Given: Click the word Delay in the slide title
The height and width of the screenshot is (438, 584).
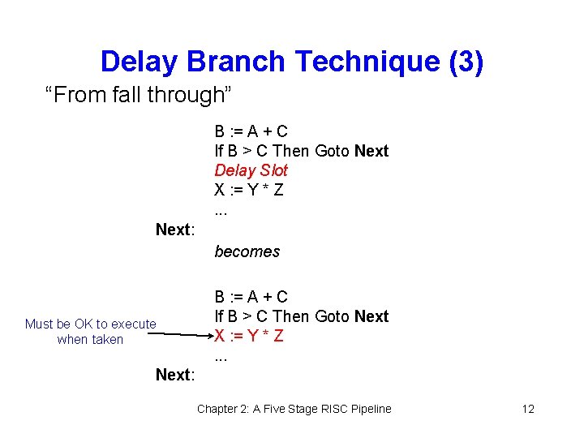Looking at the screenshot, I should [141, 62].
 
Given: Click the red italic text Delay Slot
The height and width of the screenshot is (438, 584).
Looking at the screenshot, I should [251, 170].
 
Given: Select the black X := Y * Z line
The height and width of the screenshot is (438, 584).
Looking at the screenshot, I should [248, 190].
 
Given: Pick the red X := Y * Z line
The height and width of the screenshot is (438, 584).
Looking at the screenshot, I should [248, 336].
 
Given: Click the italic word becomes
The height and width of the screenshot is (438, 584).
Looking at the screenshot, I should [247, 251].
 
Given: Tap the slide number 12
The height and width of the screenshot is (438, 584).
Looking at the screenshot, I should [528, 409].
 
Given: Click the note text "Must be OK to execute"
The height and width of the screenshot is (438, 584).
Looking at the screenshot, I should [91, 324].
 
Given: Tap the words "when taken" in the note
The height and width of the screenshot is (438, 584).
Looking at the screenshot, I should [90, 339].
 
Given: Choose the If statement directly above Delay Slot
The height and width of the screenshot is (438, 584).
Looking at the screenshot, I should [301, 151].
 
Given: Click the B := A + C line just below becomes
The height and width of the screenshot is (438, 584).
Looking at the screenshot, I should [251, 297].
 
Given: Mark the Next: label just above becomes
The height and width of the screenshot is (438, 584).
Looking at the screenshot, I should [175, 230].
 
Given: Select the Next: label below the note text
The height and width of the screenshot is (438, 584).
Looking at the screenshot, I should [175, 375].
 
